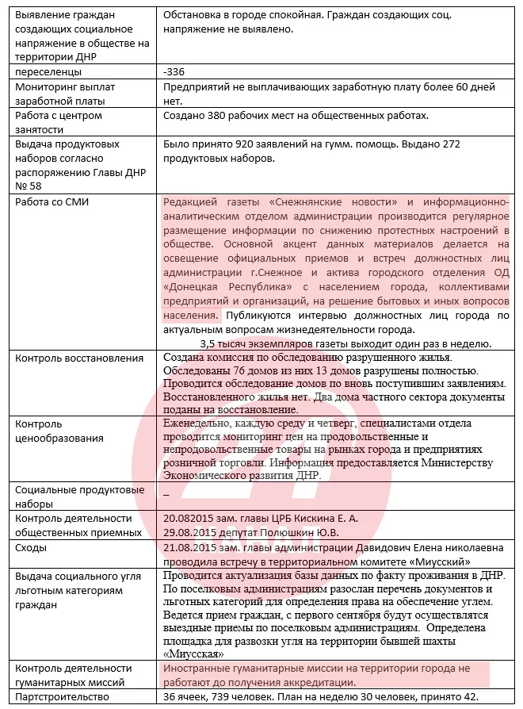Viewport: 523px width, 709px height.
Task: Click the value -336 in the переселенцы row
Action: click(x=173, y=72)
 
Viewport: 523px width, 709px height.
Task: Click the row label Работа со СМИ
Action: click(x=52, y=201)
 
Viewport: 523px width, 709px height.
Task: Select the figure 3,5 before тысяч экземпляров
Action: click(x=210, y=343)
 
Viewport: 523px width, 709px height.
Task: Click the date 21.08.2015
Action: click(x=193, y=547)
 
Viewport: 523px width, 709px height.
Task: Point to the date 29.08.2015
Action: click(x=193, y=532)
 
